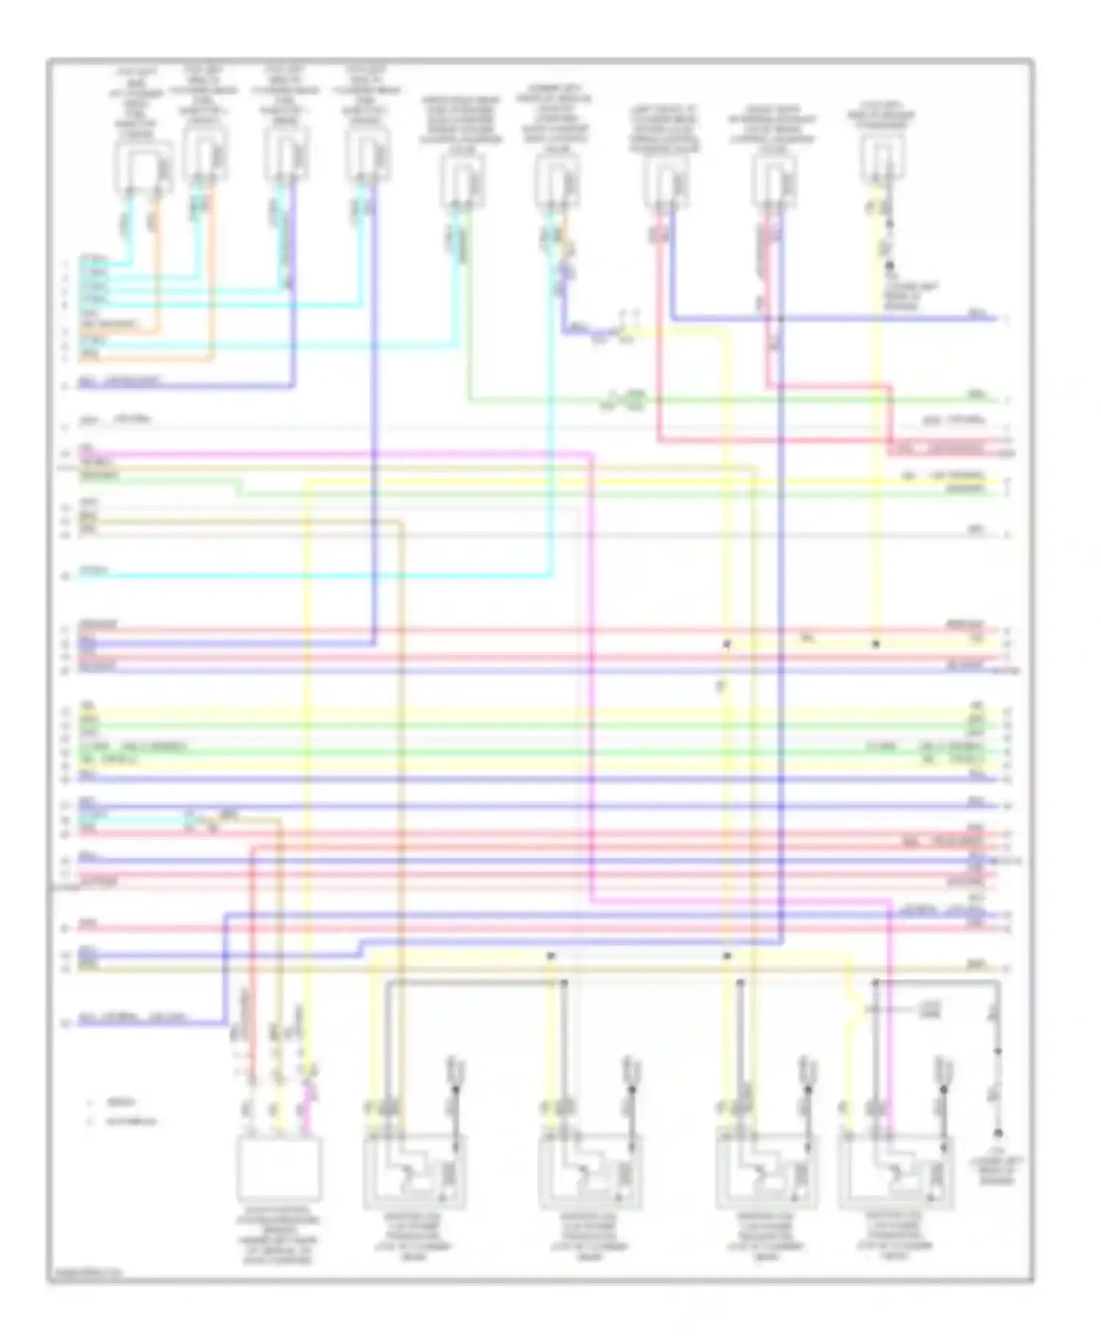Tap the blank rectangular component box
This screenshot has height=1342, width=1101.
tap(278, 1168)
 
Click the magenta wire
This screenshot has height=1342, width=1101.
tap(592, 661)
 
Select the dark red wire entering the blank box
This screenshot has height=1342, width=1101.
tap(251, 954)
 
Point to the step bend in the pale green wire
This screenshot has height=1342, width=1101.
tap(239, 487)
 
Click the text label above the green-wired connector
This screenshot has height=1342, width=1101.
tap(461, 125)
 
